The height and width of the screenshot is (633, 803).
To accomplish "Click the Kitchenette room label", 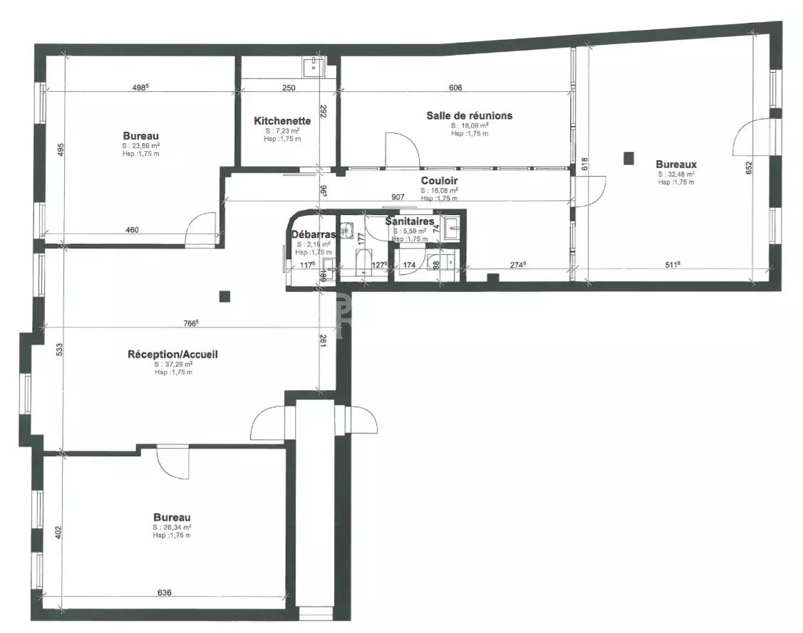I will (282, 121).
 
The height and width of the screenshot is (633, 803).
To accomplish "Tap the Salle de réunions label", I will (469, 115).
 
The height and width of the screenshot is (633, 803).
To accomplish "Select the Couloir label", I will (439, 181).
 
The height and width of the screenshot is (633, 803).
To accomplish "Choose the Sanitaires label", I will (410, 221).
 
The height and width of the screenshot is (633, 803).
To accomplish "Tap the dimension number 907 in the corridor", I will (398, 197).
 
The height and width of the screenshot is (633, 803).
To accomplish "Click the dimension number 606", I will (456, 88).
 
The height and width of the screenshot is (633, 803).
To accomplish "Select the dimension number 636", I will (164, 592).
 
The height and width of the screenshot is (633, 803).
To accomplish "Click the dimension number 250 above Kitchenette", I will (288, 88).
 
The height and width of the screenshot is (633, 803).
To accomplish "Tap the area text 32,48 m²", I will (676, 173).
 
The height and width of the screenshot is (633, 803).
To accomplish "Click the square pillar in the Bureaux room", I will (628, 157).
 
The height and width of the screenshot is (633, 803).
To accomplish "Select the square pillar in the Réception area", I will (225, 296).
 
